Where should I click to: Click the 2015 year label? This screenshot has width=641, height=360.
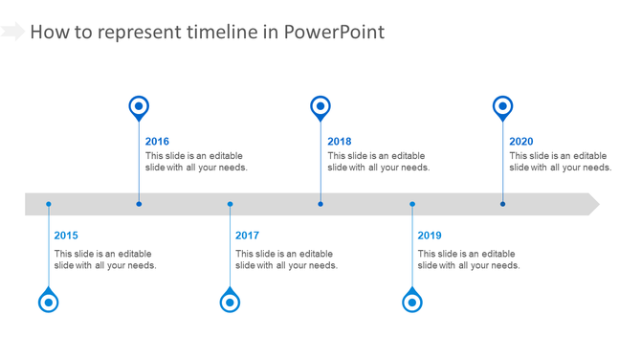(x=66, y=236)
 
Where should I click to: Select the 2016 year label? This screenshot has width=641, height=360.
(x=157, y=142)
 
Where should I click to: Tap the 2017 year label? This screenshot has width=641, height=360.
(x=247, y=236)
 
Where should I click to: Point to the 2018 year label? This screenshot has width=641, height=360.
(x=339, y=142)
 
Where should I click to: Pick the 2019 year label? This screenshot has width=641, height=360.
(x=430, y=236)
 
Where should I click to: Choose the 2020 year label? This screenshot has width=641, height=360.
(x=521, y=142)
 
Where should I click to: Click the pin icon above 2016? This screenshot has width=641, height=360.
(x=139, y=107)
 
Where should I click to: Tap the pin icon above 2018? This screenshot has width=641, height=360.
(x=320, y=107)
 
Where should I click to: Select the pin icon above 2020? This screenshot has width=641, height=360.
(x=502, y=107)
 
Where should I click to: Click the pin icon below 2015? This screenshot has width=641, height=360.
(x=49, y=302)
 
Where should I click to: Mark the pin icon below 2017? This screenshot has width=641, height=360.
(x=230, y=302)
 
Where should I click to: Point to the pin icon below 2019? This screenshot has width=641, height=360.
(x=412, y=302)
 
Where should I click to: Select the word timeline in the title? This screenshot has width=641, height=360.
(x=219, y=32)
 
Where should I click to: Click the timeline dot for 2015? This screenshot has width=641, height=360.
(x=49, y=204)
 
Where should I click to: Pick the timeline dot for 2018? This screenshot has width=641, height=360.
(x=320, y=204)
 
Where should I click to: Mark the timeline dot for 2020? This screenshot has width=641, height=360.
(x=502, y=204)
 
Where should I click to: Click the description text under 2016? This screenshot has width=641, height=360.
(x=196, y=162)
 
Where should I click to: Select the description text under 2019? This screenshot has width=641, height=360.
(x=469, y=259)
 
